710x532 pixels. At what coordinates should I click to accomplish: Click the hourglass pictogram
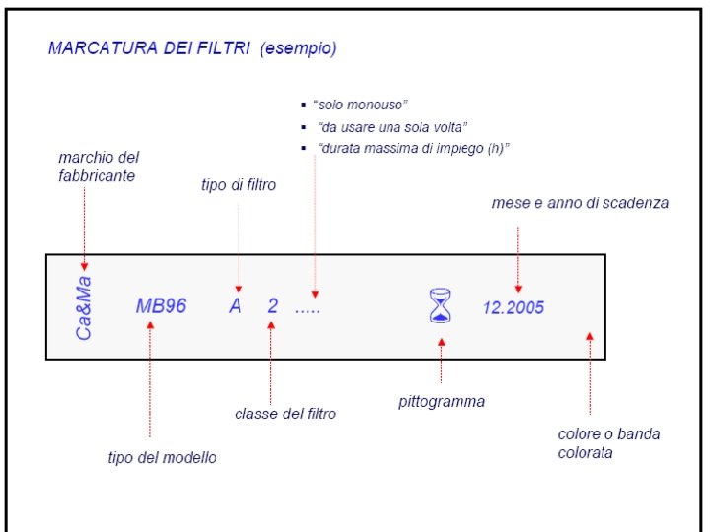pyautogui.click(x=441, y=305)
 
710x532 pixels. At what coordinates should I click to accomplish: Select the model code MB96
pyautogui.click(x=161, y=306)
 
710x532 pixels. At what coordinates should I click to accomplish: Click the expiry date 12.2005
pyautogui.click(x=513, y=307)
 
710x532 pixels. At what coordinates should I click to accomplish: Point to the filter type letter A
pyautogui.click(x=235, y=306)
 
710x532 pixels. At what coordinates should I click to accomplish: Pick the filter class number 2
pyautogui.click(x=272, y=306)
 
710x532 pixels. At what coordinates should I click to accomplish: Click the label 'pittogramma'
pyautogui.click(x=441, y=402)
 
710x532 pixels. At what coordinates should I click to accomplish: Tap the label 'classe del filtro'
pyautogui.click(x=285, y=414)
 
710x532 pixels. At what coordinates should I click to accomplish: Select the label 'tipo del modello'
pyautogui.click(x=162, y=457)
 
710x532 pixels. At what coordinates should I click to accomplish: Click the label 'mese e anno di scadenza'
pyautogui.click(x=580, y=203)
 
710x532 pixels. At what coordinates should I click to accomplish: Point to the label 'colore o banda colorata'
pyautogui.click(x=608, y=443)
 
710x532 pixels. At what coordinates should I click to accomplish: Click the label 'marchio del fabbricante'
pyautogui.click(x=99, y=166)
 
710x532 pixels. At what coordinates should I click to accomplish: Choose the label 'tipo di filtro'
pyautogui.click(x=239, y=185)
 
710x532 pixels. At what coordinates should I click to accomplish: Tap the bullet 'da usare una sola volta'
pyautogui.click(x=392, y=127)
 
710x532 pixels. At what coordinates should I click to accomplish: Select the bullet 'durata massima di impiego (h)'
pyautogui.click(x=413, y=148)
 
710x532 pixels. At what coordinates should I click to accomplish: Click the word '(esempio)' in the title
pyautogui.click(x=298, y=47)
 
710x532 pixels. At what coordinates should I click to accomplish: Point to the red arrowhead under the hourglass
pyautogui.click(x=441, y=342)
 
